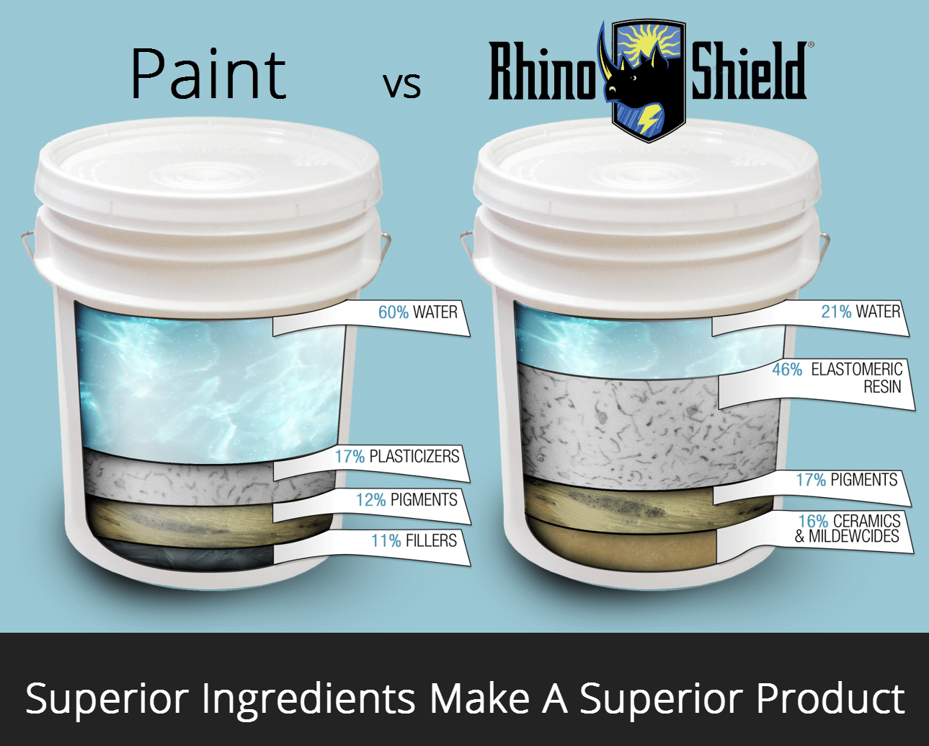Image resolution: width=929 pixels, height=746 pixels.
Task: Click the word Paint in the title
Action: click(208, 74)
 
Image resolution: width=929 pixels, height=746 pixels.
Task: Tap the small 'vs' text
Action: click(401, 84)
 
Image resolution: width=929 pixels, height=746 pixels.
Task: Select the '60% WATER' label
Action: click(417, 312)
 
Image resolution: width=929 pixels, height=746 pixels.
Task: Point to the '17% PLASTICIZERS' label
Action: click(396, 457)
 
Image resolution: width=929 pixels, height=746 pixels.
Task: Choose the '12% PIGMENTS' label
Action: click(406, 500)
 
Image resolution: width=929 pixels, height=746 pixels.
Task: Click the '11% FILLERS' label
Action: click(414, 540)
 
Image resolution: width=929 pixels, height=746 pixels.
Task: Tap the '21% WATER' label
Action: click(861, 311)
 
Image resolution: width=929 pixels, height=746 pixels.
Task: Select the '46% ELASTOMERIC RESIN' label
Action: click(837, 378)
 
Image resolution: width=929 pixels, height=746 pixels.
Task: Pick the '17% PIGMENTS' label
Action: click(847, 480)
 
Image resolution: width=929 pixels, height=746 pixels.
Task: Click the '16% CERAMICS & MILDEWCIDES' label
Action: click(848, 528)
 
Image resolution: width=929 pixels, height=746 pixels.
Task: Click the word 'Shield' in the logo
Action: click(749, 71)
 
